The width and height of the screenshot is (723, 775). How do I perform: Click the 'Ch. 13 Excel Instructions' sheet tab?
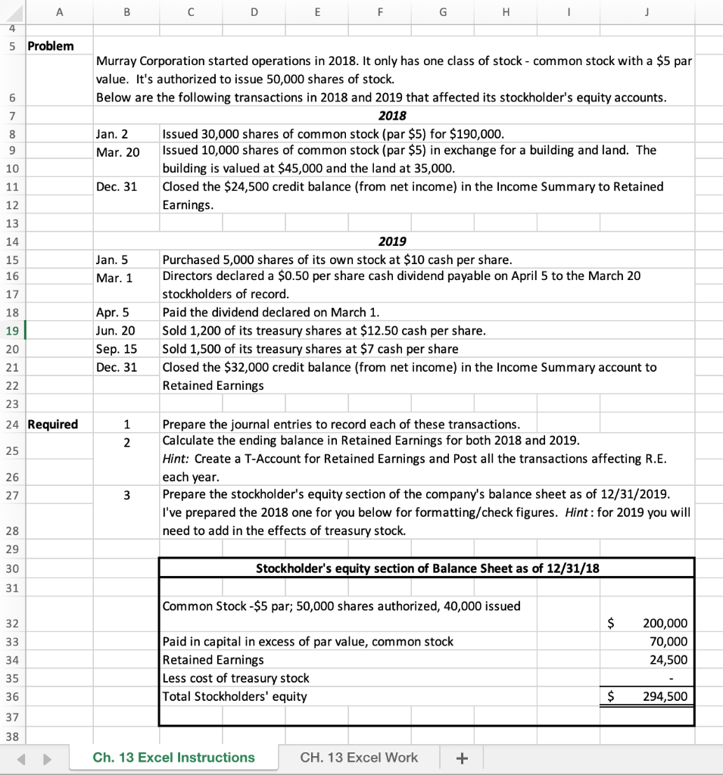coord(174,758)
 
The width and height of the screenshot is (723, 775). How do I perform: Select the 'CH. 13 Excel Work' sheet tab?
coord(359,758)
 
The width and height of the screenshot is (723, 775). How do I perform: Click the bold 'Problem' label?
coord(51,46)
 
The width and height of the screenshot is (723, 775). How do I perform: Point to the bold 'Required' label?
coord(52,425)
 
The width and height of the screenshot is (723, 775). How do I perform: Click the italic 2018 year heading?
coord(391,116)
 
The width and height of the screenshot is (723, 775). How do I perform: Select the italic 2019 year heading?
coord(391,241)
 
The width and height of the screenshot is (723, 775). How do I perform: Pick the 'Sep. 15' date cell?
coord(117,350)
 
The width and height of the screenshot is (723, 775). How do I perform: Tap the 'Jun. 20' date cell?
coord(117,331)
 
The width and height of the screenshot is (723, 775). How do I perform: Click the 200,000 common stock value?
coord(665,624)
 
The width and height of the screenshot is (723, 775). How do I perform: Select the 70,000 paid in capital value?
coord(669,642)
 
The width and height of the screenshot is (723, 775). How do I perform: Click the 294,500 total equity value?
coord(665,696)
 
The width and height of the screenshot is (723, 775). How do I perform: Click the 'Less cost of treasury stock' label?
coord(236,678)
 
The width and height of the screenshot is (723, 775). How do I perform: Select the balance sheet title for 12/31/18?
coord(428,568)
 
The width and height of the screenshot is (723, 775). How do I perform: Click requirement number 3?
coord(127,496)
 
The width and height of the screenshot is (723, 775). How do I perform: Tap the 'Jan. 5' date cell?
coord(113,260)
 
